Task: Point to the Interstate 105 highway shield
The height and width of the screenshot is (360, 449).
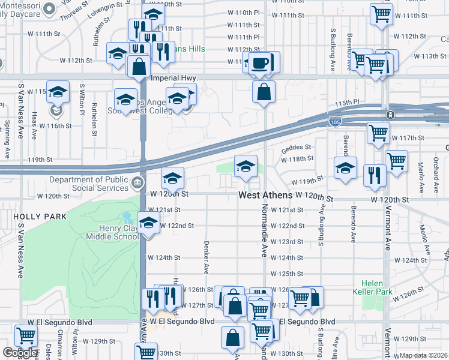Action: point(336,122)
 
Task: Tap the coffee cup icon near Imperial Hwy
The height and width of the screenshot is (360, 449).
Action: point(259,63)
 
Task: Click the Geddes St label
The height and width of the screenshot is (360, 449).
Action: point(297,146)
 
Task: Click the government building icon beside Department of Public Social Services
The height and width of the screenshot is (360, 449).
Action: point(137,182)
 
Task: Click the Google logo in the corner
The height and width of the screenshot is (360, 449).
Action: point(20,353)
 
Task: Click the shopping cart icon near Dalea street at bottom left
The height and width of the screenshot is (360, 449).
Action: point(25,337)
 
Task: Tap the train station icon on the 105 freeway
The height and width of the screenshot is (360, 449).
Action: point(390,115)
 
